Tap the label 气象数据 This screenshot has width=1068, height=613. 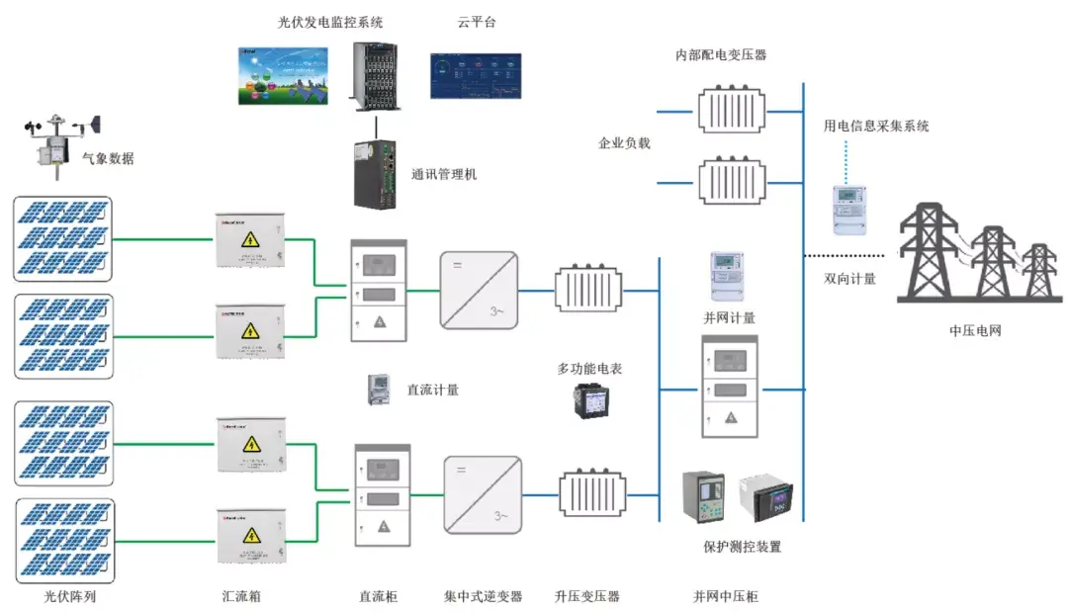[x=108, y=158]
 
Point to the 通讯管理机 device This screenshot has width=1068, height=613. [x=376, y=173]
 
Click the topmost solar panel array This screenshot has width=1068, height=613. [x=62, y=238]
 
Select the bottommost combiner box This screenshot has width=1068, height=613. [x=251, y=535]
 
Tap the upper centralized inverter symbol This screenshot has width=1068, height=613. [x=479, y=290]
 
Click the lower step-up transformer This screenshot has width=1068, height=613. [x=591, y=493]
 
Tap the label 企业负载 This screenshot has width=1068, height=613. [x=624, y=143]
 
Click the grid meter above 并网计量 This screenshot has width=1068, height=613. [x=727, y=274]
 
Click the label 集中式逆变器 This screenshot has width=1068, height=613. [x=484, y=596]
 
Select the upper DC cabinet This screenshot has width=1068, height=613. [x=379, y=290]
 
